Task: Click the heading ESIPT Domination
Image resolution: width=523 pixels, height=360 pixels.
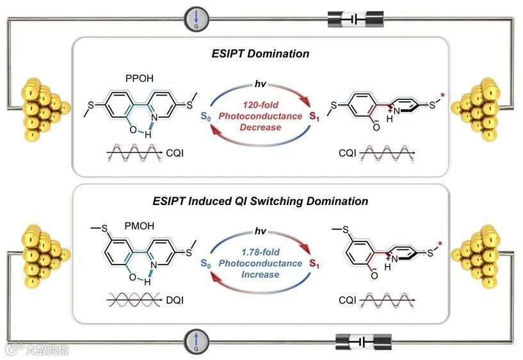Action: pos(261,54)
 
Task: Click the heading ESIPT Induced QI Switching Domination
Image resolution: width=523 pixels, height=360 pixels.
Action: pos(261,201)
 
